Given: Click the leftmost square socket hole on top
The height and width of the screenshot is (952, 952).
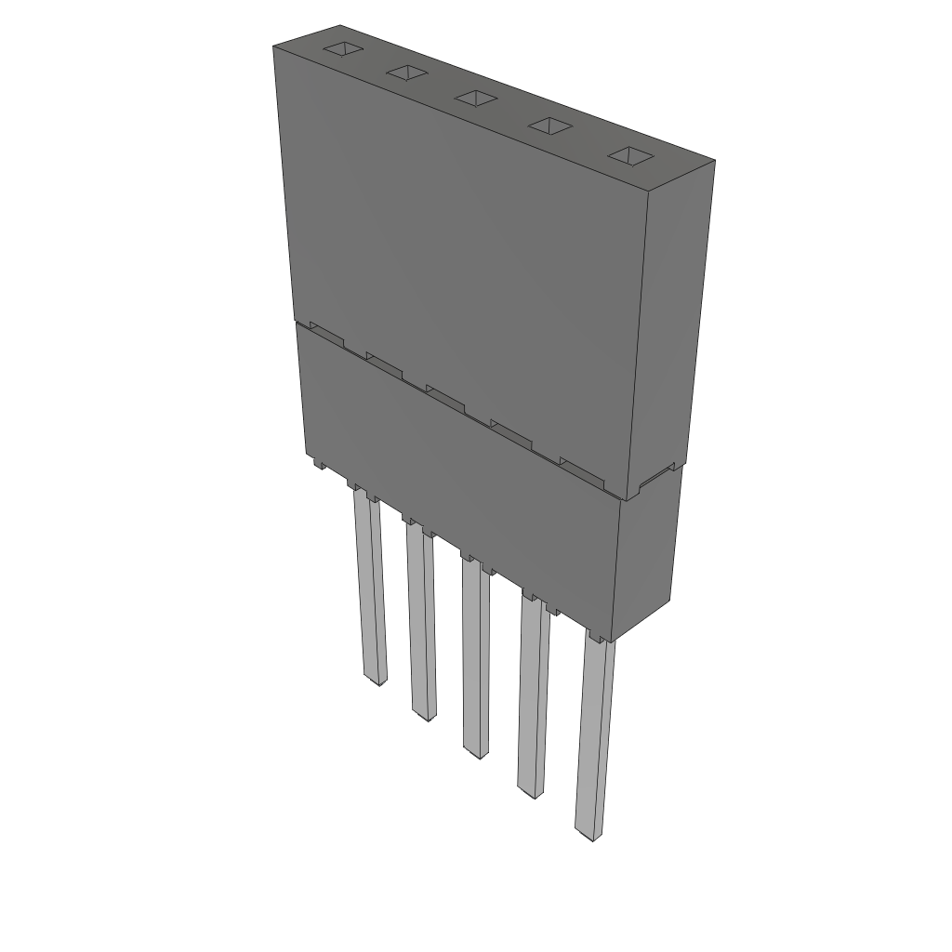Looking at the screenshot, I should (341, 48).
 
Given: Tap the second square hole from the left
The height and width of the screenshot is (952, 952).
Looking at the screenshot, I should (406, 73).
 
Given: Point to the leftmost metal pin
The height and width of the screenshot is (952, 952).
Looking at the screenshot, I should (369, 586).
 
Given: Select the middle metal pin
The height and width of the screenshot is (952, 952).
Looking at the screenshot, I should (475, 655).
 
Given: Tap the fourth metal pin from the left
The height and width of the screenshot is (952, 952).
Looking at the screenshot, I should (533, 697).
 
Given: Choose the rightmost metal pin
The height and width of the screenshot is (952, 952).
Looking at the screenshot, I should (594, 734).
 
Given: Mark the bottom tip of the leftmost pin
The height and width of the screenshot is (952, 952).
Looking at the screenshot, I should (377, 681).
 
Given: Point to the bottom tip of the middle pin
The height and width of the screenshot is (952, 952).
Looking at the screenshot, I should (477, 752).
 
